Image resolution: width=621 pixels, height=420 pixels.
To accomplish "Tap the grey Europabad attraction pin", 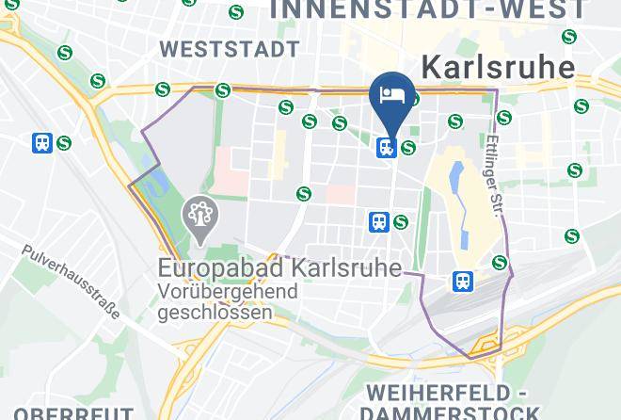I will pyautogui.click(x=199, y=215).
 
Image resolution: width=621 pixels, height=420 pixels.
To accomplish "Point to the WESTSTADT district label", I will pyautogui.click(x=230, y=48).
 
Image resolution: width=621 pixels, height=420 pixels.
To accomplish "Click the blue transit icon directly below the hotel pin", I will pyautogui.click(x=386, y=147).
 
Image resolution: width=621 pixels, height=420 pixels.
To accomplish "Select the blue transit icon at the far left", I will pyautogui.click(x=42, y=143).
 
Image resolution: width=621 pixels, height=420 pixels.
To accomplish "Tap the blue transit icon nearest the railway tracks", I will pyautogui.click(x=462, y=281).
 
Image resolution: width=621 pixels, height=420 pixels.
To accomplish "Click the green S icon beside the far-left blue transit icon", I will pyautogui.click(x=64, y=143).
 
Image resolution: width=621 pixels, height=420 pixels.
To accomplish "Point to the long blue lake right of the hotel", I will pyautogui.click(x=456, y=181).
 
